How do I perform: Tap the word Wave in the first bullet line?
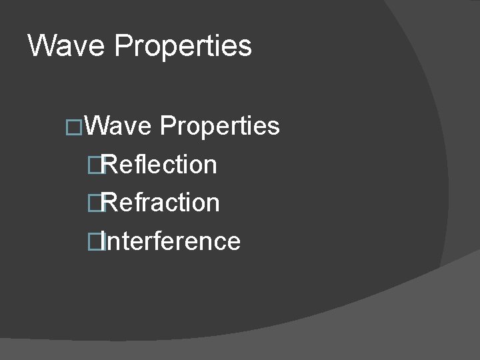(119, 125)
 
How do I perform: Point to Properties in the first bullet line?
(220, 125)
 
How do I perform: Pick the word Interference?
(172, 241)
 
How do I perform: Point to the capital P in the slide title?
(125, 46)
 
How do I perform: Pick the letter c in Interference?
(221, 241)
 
